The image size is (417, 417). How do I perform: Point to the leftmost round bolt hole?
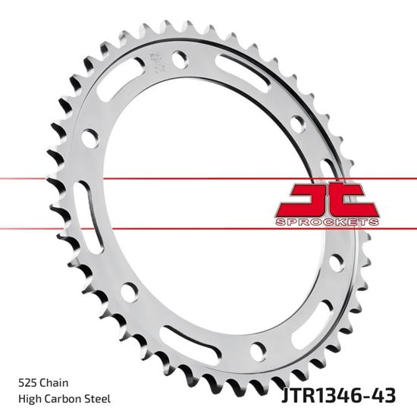[x=89, y=137]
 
